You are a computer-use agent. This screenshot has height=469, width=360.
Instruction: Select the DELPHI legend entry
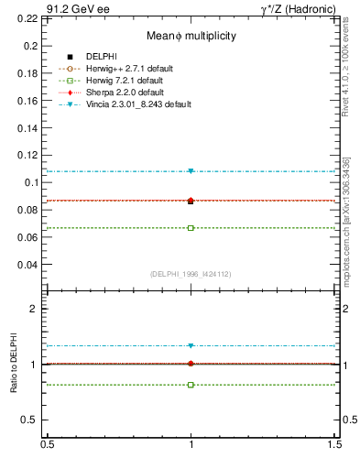pos(101,57)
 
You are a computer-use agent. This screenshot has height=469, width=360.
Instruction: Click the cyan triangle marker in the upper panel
pos(191,171)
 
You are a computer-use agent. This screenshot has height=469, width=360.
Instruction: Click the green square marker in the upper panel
pos(191,227)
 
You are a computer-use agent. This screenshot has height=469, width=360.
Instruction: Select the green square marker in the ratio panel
pos(191,385)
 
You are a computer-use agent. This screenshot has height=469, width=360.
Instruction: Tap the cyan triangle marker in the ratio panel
pos(191,345)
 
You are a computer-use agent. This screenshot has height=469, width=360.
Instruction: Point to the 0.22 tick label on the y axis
pos(29,18)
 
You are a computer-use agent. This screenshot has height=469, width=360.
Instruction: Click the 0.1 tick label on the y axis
pos(32,182)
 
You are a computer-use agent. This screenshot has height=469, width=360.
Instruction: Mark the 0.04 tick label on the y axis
pos(29,265)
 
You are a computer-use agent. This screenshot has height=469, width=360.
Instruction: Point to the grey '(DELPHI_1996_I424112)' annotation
pos(191,273)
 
